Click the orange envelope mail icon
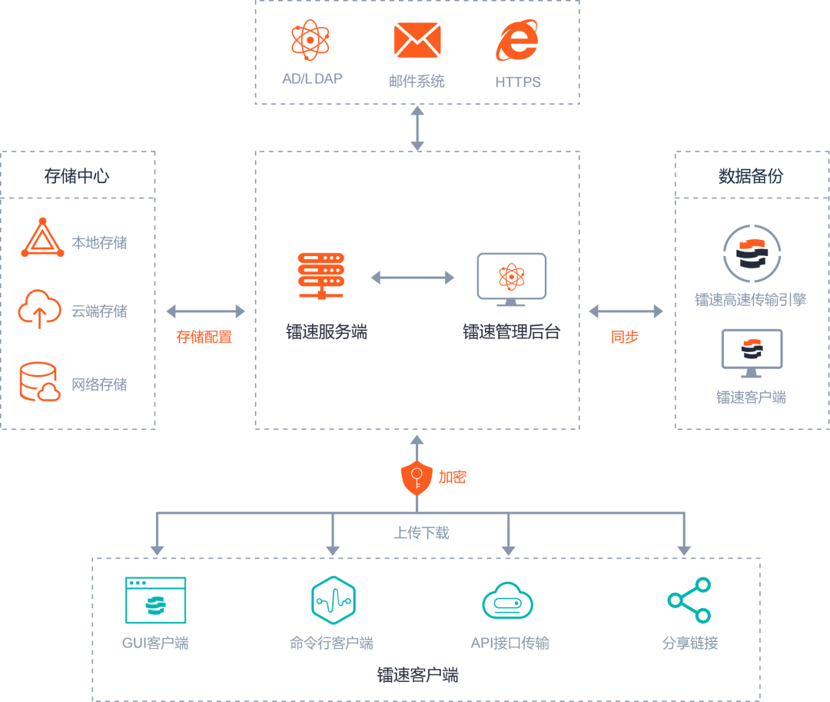point(417,40)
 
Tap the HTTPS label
point(517,82)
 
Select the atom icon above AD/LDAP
point(310,40)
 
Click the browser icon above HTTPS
point(517,40)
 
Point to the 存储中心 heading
point(77,176)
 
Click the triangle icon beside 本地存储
point(42,239)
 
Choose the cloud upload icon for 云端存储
point(40,309)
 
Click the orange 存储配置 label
point(204,337)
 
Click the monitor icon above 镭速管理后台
point(511,276)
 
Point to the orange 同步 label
point(625,337)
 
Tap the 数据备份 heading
point(751,176)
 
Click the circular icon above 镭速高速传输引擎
point(752,254)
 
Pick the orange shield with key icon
point(417,478)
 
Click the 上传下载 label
point(421,532)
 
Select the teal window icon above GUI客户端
point(155,601)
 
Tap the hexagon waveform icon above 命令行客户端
point(333,600)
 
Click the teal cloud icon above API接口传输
point(507,601)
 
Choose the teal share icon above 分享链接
point(689,600)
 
